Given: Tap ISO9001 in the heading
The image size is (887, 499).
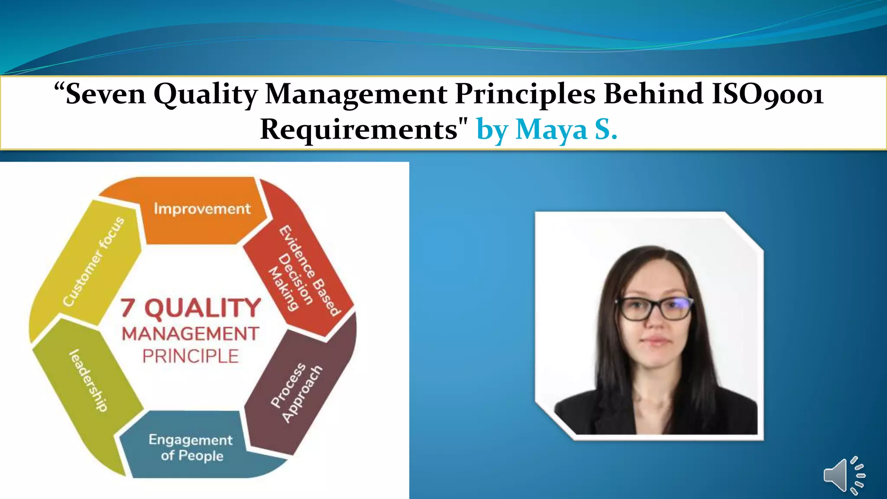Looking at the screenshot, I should (x=767, y=94).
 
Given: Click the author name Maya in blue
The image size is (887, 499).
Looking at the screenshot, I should (x=551, y=130).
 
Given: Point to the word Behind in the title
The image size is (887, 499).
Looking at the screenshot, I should (x=653, y=94).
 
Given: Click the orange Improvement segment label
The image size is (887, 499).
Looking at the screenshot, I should (x=202, y=209).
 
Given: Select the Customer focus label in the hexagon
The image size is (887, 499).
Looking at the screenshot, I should (x=93, y=262).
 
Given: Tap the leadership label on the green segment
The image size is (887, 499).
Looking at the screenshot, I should (x=88, y=380).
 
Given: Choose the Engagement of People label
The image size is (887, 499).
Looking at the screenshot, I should (x=191, y=447).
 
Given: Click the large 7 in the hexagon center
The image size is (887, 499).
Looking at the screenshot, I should (x=128, y=308).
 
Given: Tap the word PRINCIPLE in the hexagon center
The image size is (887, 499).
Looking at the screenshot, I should (x=191, y=356).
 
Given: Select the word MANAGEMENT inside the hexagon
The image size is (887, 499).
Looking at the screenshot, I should (x=191, y=334).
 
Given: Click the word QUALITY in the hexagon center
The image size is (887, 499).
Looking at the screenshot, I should (x=203, y=308).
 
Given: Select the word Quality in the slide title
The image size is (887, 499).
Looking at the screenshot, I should (x=206, y=94).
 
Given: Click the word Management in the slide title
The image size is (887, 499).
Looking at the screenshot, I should (x=356, y=94).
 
